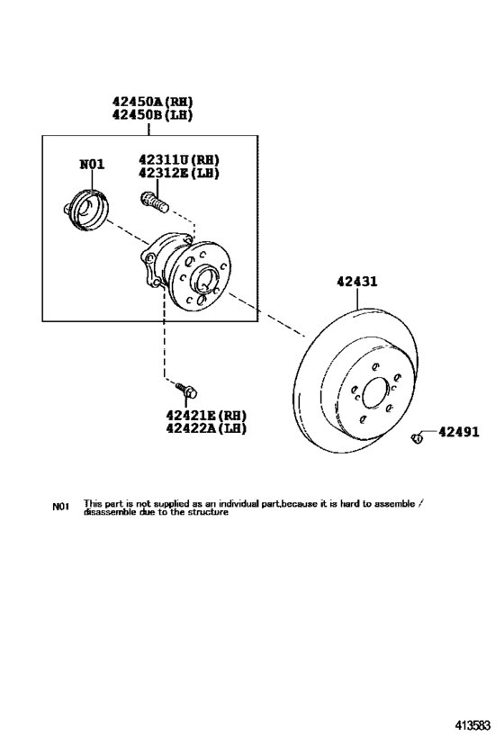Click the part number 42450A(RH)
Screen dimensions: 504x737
tap(152, 102)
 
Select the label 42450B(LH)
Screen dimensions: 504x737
tap(152, 114)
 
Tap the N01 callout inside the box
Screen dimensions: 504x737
tap(92, 165)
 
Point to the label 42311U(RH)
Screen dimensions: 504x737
tap(179, 160)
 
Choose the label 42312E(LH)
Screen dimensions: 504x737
tap(179, 173)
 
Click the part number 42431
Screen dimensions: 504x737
tap(356, 282)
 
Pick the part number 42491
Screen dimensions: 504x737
tap(459, 431)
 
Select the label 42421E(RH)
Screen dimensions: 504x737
tap(206, 416)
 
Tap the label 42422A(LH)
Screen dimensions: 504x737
tap(206, 428)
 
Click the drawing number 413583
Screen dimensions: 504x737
tap(472, 725)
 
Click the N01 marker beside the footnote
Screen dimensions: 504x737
tap(60, 507)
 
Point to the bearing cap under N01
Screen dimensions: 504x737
tap(86, 210)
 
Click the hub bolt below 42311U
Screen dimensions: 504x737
tap(154, 203)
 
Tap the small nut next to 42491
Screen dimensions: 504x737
tap(416, 439)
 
